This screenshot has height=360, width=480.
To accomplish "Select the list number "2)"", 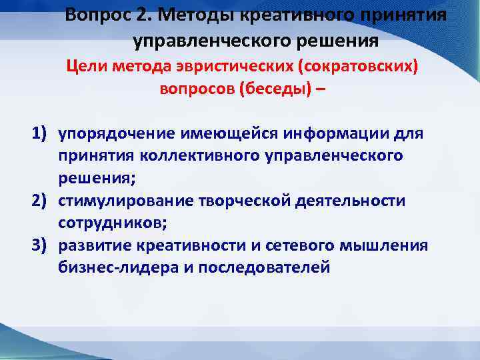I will pyautogui.click(x=41, y=201).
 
